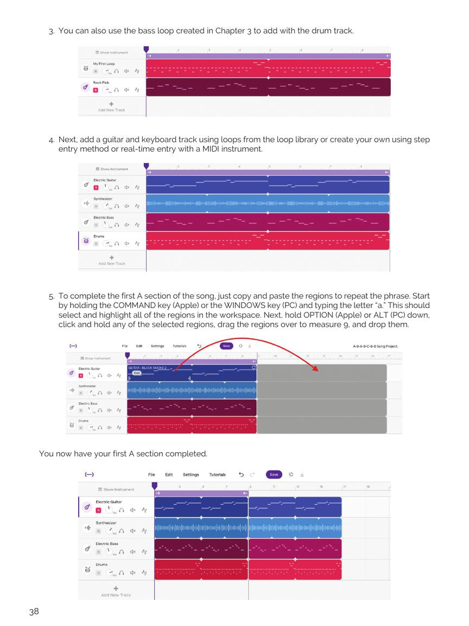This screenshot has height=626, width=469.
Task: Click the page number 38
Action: coord(34,611)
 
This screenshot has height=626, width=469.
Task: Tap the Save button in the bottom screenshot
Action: coord(274,474)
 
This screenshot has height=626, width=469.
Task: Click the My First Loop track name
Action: coord(104,64)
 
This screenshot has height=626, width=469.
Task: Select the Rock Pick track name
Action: coord(101,83)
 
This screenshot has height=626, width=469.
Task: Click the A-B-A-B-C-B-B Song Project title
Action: coord(376,346)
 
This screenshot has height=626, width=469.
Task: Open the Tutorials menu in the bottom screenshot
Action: coord(217,474)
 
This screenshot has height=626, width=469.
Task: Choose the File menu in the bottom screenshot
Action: coord(151,474)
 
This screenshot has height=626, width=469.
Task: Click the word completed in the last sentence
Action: coord(186,454)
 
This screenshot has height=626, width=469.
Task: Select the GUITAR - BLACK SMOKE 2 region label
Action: coord(148,368)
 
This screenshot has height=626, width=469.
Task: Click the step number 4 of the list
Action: coord(51,140)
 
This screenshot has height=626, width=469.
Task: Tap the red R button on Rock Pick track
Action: coord(96,90)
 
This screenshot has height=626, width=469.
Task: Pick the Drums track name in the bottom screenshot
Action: coord(102,565)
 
